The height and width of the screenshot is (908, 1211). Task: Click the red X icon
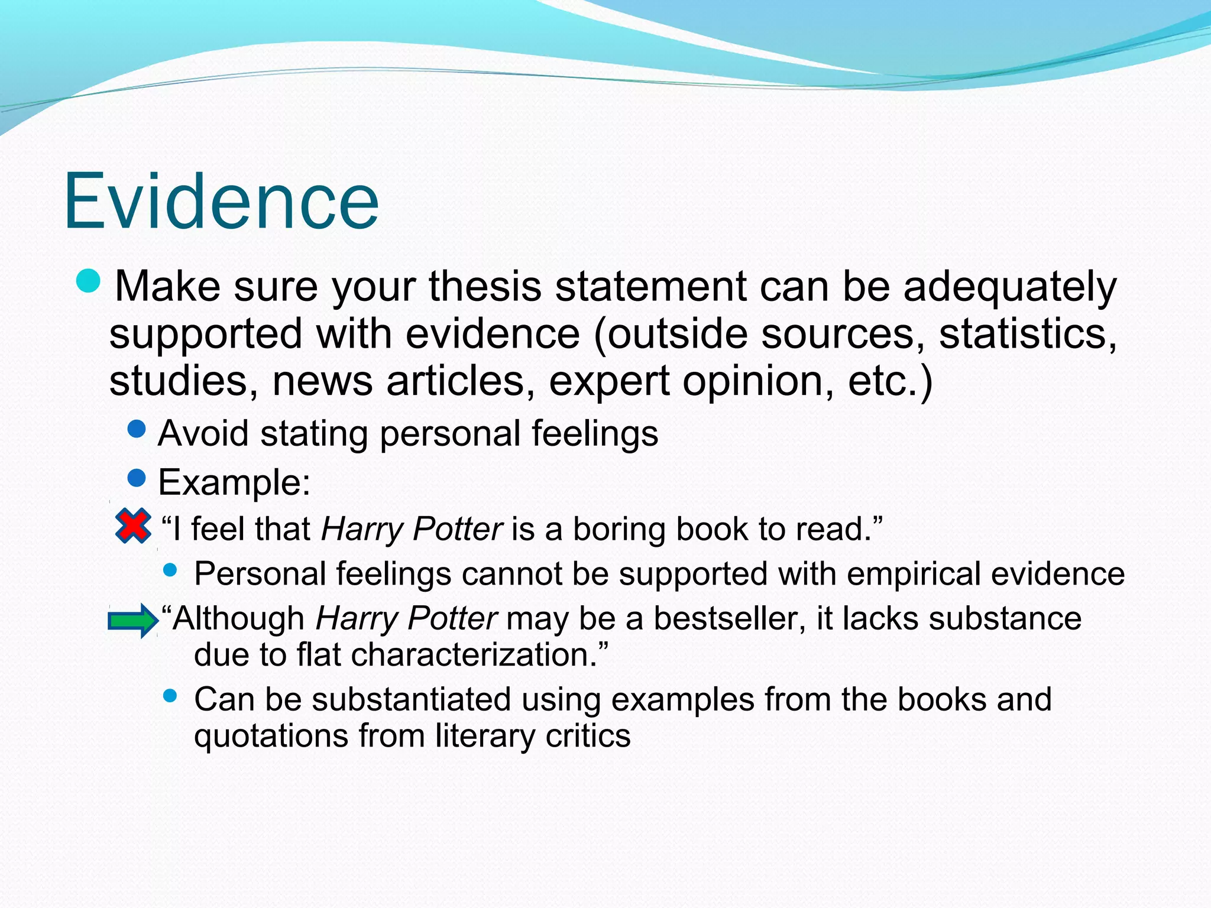pyautogui.click(x=133, y=526)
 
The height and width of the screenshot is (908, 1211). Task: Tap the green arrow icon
pyautogui.click(x=132, y=621)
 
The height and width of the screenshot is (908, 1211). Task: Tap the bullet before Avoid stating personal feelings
pyautogui.click(x=137, y=429)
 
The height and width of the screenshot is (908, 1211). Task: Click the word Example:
pyautogui.click(x=234, y=482)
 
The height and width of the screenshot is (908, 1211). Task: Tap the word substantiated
pyautogui.click(x=411, y=700)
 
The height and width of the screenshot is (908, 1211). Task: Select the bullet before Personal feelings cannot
pyautogui.click(x=170, y=570)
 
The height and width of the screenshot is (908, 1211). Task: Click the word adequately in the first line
pyautogui.click(x=1010, y=287)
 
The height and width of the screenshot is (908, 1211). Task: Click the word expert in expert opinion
pyautogui.click(x=609, y=381)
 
